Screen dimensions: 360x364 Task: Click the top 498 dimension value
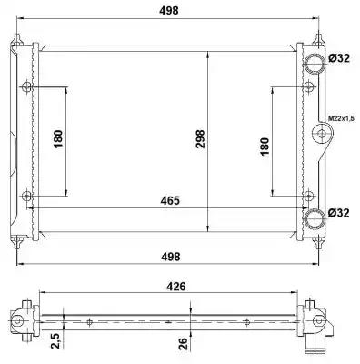pos(169,11)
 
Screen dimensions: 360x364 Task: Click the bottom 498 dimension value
pos(170,257)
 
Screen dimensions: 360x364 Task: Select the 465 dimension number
pos(170,200)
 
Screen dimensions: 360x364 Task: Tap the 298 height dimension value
pos(200,139)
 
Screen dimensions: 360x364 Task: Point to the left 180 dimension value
pos(58,139)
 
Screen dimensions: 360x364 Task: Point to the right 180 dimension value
pos(265,147)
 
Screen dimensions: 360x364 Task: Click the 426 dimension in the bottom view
pos(176,287)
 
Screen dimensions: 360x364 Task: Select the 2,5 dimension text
pos(56,339)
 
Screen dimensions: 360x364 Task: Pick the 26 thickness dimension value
pos(184,343)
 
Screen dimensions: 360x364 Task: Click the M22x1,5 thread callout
pos(341,118)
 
